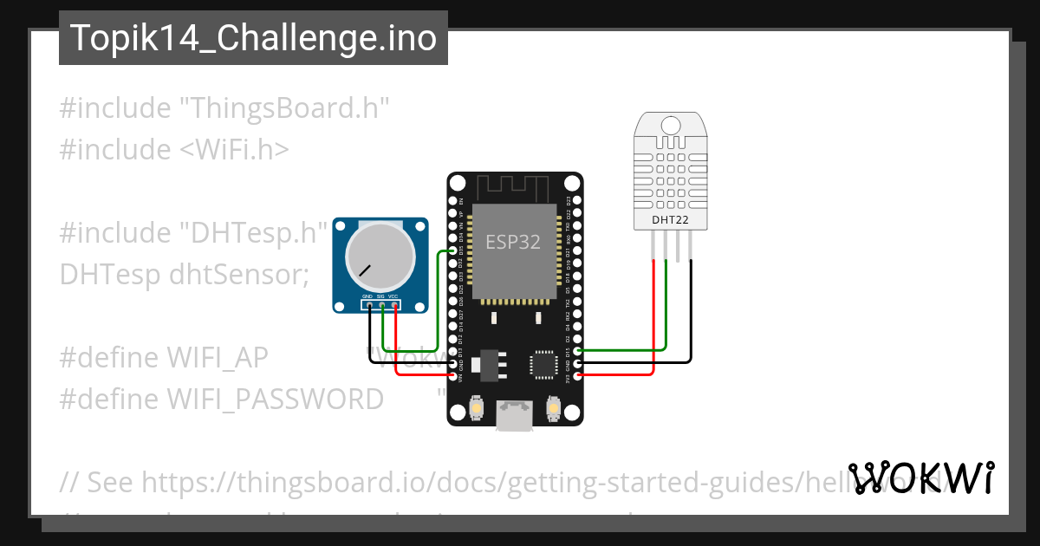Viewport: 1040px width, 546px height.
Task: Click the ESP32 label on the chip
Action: (x=513, y=242)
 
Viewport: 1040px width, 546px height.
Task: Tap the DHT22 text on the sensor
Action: (x=670, y=221)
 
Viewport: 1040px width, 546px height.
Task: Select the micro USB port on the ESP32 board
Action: (x=513, y=416)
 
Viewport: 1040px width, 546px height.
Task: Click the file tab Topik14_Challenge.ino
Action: (x=253, y=38)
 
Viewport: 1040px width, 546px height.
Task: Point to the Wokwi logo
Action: (x=921, y=478)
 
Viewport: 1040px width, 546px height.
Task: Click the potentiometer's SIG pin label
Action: (x=380, y=296)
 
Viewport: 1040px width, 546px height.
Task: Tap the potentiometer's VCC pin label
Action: (x=393, y=296)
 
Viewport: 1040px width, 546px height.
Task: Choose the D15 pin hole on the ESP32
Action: (x=578, y=351)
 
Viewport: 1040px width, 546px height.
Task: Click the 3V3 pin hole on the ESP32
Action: (x=578, y=375)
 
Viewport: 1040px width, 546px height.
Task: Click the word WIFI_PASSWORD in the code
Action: (x=275, y=400)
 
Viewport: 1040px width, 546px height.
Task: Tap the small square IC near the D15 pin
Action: (x=544, y=364)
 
